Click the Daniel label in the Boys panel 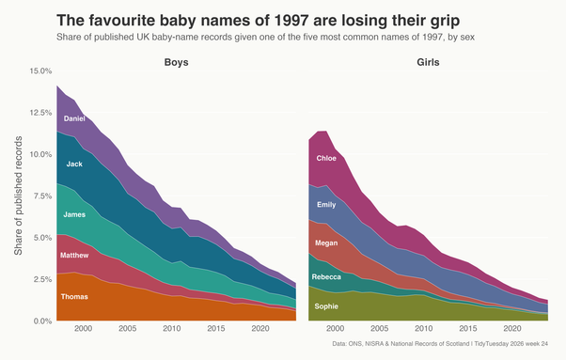(74, 118)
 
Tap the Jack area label (74, 164)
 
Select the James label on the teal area (74, 214)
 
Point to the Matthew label (74, 256)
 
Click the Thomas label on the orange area (74, 297)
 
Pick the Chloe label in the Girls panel (326, 158)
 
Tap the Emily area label (326, 205)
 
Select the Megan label (326, 243)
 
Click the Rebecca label (326, 277)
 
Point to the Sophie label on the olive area (326, 306)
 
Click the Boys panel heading (176, 62)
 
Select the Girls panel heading (428, 62)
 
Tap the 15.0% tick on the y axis (40, 71)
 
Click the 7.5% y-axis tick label (42, 196)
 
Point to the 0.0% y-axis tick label (42, 321)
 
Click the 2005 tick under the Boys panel (128, 329)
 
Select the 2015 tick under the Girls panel (468, 329)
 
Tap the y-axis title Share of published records (18, 196)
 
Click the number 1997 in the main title (291, 21)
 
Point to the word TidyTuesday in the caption (490, 344)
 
